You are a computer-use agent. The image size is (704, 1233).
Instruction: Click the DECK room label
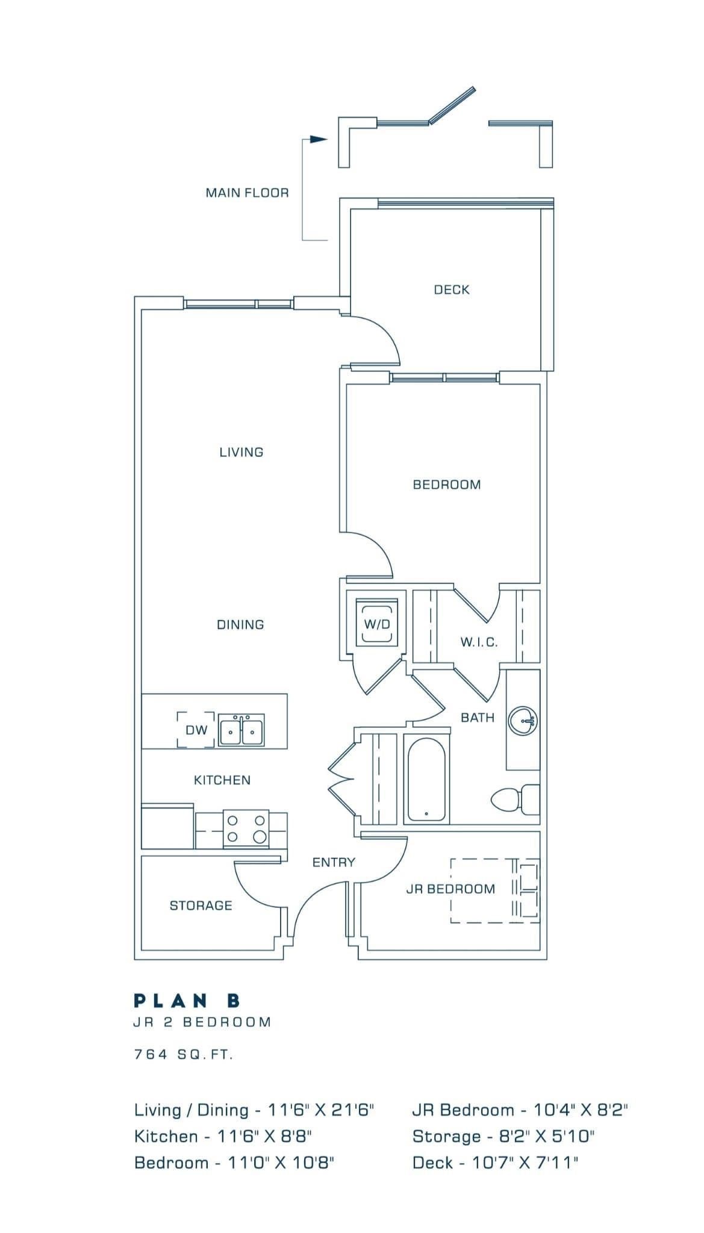[452, 290]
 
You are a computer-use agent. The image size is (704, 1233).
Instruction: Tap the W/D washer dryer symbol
[377, 623]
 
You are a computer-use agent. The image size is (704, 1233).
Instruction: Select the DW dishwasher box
[196, 730]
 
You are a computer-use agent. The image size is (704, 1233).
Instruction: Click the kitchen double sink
[241, 730]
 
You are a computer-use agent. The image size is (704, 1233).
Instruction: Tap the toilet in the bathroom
[516, 800]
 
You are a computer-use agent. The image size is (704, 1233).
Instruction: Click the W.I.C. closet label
[479, 642]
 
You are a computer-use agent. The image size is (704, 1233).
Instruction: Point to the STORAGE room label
[201, 905]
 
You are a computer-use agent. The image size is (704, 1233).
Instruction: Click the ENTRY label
[334, 862]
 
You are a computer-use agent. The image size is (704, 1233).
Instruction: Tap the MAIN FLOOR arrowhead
[319, 139]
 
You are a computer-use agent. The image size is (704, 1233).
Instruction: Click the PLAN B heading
[187, 1001]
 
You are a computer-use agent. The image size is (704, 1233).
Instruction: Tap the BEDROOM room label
[447, 485]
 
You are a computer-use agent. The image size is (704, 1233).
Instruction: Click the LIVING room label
[241, 452]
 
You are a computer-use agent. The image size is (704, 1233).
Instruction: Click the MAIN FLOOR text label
[248, 193]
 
